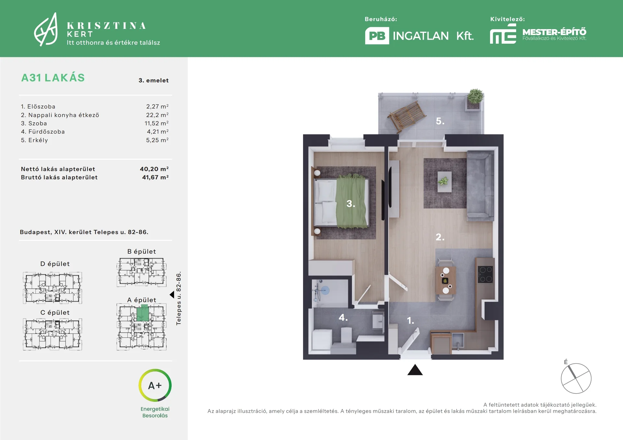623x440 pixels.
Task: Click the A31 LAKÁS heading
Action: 53,78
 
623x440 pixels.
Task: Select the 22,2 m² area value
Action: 157,115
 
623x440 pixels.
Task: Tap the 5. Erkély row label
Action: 34,140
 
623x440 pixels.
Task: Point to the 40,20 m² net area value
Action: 154,169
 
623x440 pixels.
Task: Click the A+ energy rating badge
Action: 155,386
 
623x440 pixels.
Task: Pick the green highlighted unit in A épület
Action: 142,313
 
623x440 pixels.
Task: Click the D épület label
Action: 55,264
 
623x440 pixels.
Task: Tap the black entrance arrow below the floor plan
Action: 415,370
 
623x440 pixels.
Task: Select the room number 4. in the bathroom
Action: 343,317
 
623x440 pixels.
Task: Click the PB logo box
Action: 377,36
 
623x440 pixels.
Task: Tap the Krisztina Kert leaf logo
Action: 46,29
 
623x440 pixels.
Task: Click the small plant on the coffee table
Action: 443,181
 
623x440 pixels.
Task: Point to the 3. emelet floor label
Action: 153,80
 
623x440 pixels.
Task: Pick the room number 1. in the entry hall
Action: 410,321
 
